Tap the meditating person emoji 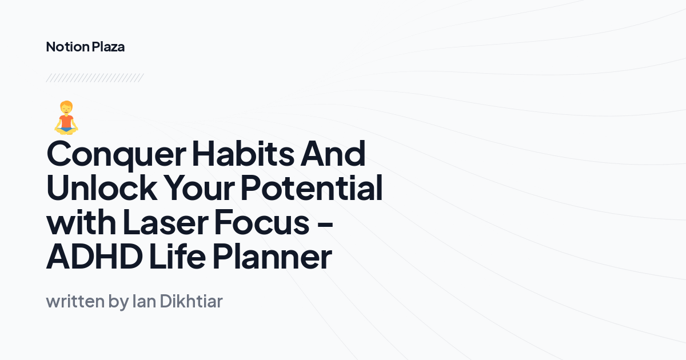pos(66,118)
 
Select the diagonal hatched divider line pos(94,78)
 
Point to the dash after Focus pos(324,224)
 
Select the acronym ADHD pos(94,257)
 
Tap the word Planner pos(272,257)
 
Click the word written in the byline pos(75,301)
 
